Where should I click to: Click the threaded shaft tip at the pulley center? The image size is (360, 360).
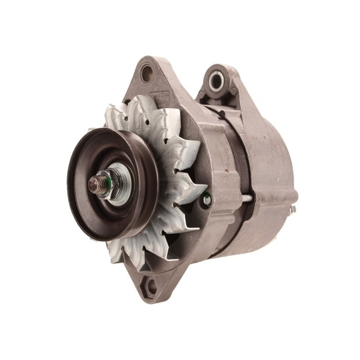coord(93,183)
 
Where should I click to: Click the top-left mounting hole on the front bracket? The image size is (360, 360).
coord(146,72)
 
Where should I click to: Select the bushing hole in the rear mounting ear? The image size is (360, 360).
coord(215,79)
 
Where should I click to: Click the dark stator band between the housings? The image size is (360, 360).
coord(235,152)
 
